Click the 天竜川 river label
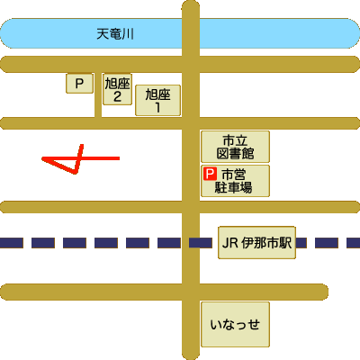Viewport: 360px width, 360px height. click(115, 34)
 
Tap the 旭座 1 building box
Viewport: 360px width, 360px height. click(157, 100)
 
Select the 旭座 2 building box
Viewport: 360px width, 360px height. click(117, 89)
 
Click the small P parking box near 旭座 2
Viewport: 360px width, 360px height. click(79, 83)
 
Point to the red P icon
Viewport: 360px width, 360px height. click(210, 174)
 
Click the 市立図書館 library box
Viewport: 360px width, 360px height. click(235, 147)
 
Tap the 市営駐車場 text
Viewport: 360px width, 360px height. click(233, 181)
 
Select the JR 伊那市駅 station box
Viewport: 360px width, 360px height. click(256, 243)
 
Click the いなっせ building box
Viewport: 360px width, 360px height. click(235, 324)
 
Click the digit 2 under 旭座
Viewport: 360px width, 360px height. click(117, 96)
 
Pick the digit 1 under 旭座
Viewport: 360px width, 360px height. click(157, 107)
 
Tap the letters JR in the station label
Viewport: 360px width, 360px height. click(230, 243)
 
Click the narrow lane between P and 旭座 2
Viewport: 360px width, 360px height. click(98, 94)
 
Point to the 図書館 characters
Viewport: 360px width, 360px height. click(235, 153)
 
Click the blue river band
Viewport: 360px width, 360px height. click(180, 33)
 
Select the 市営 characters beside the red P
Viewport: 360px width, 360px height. click(234, 175)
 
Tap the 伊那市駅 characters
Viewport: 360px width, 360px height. click(266, 243)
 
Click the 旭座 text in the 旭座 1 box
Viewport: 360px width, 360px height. click(157, 94)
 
